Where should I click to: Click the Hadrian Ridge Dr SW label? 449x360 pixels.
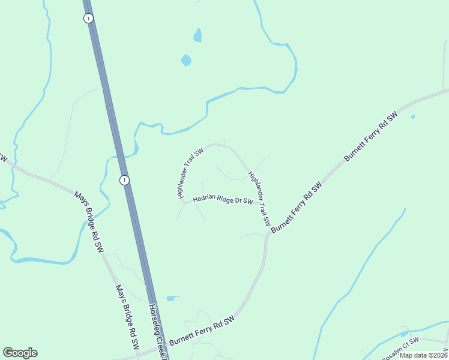(x=223, y=200)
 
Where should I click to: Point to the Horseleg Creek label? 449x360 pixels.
(x=157, y=329)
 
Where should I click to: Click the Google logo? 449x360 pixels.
(x=20, y=353)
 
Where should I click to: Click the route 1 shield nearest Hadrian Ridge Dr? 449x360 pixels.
(x=124, y=179)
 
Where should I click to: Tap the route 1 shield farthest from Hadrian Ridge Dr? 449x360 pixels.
(x=89, y=19)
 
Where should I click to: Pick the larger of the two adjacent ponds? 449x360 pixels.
(x=186, y=60)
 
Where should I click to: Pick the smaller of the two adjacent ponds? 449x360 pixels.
(x=197, y=35)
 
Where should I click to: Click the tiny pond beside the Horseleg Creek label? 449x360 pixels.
(x=172, y=298)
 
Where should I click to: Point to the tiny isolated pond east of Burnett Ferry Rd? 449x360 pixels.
(x=412, y=117)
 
